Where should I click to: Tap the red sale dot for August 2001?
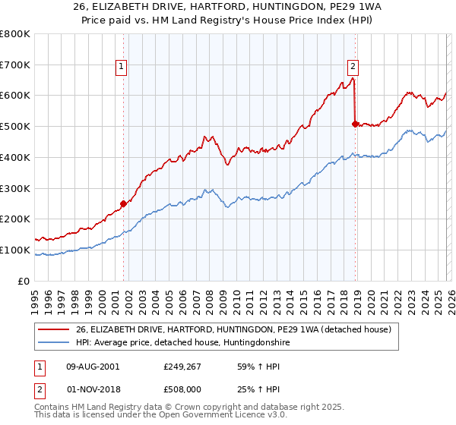click(123, 203)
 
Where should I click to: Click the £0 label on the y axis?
click(23, 281)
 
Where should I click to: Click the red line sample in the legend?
click(54, 329)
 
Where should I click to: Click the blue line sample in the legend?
click(54, 343)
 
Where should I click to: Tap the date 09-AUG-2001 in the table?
click(93, 367)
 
